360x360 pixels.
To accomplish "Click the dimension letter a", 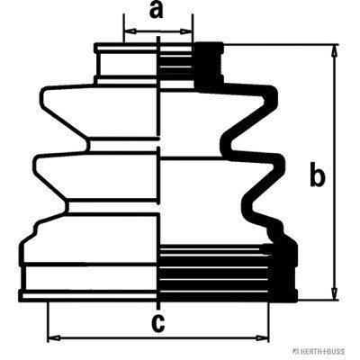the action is tap(156, 11).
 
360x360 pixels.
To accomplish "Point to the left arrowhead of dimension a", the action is tap(130, 31).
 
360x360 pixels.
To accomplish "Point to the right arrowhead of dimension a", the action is tap(185, 31).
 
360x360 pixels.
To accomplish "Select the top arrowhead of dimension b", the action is tap(334, 51).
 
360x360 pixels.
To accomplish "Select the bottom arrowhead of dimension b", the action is tap(334, 293).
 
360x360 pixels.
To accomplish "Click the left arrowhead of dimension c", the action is tap(55, 337).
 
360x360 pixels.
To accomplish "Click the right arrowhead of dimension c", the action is tap(262, 337).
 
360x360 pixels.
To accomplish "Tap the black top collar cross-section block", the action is tap(208, 66).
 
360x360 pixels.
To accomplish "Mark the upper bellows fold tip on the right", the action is tap(274, 96).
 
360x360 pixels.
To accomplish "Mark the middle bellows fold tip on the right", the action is tap(282, 165).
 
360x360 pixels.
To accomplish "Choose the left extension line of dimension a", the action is tap(123, 28).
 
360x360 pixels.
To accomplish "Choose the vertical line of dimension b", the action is tap(334, 172).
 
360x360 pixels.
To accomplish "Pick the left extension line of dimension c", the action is tap(48, 321).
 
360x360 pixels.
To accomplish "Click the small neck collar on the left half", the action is tap(126, 64).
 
